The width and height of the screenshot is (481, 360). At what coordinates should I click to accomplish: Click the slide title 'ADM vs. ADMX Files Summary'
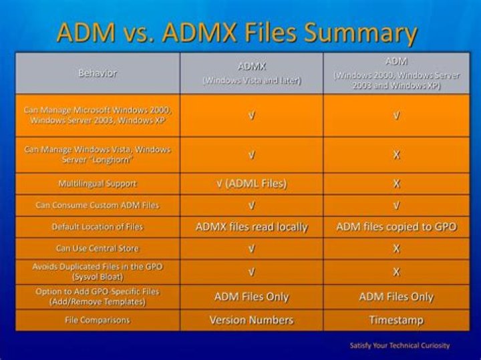(x=236, y=32)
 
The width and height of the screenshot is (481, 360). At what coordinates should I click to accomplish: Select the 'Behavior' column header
(x=98, y=73)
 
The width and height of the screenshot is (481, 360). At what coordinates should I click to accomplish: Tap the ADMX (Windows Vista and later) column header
(x=252, y=73)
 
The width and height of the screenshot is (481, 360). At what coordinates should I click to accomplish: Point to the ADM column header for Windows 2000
(x=396, y=73)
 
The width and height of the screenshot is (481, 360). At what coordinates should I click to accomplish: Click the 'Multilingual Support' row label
(x=98, y=184)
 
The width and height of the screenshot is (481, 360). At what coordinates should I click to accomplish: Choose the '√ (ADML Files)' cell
(x=252, y=184)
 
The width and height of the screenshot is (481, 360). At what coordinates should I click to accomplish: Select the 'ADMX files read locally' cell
(x=252, y=227)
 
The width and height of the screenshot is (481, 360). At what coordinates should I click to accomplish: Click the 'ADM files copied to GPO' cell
(x=396, y=227)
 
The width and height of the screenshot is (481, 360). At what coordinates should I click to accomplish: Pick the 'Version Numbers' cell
(x=252, y=320)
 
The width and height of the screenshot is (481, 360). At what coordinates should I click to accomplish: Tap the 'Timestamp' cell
(x=396, y=320)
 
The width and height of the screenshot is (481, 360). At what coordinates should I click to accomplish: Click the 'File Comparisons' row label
(x=98, y=320)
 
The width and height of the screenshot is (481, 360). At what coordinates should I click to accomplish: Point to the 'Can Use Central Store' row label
(x=98, y=248)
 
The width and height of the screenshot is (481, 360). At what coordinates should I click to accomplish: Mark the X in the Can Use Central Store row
(x=396, y=248)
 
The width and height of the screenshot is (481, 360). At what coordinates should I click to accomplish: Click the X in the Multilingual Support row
(x=396, y=184)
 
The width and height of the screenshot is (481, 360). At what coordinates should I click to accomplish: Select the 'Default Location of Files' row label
(x=98, y=227)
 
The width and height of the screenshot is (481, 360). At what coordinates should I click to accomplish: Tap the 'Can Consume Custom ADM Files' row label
(x=98, y=205)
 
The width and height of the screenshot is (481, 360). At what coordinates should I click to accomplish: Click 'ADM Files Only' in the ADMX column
(x=252, y=297)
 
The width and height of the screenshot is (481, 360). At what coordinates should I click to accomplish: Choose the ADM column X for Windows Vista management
(x=396, y=155)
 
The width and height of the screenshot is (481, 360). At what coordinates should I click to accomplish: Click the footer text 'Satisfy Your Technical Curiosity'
(x=399, y=345)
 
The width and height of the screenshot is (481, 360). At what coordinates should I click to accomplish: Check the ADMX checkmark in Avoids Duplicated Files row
(x=252, y=272)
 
